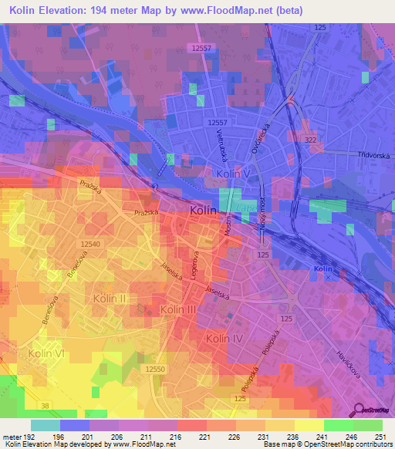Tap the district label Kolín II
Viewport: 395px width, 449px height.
pyautogui.click(x=110, y=298)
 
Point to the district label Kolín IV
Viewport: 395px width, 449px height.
pyautogui.click(x=225, y=339)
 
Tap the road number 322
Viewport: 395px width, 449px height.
pyautogui.click(x=310, y=139)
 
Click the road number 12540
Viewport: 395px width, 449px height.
pyautogui.click(x=90, y=244)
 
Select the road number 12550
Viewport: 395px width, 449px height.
pyautogui.click(x=154, y=370)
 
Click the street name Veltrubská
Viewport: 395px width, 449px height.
pyautogui.click(x=221, y=144)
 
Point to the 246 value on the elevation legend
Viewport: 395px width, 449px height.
pyautogui.click(x=337, y=436)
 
